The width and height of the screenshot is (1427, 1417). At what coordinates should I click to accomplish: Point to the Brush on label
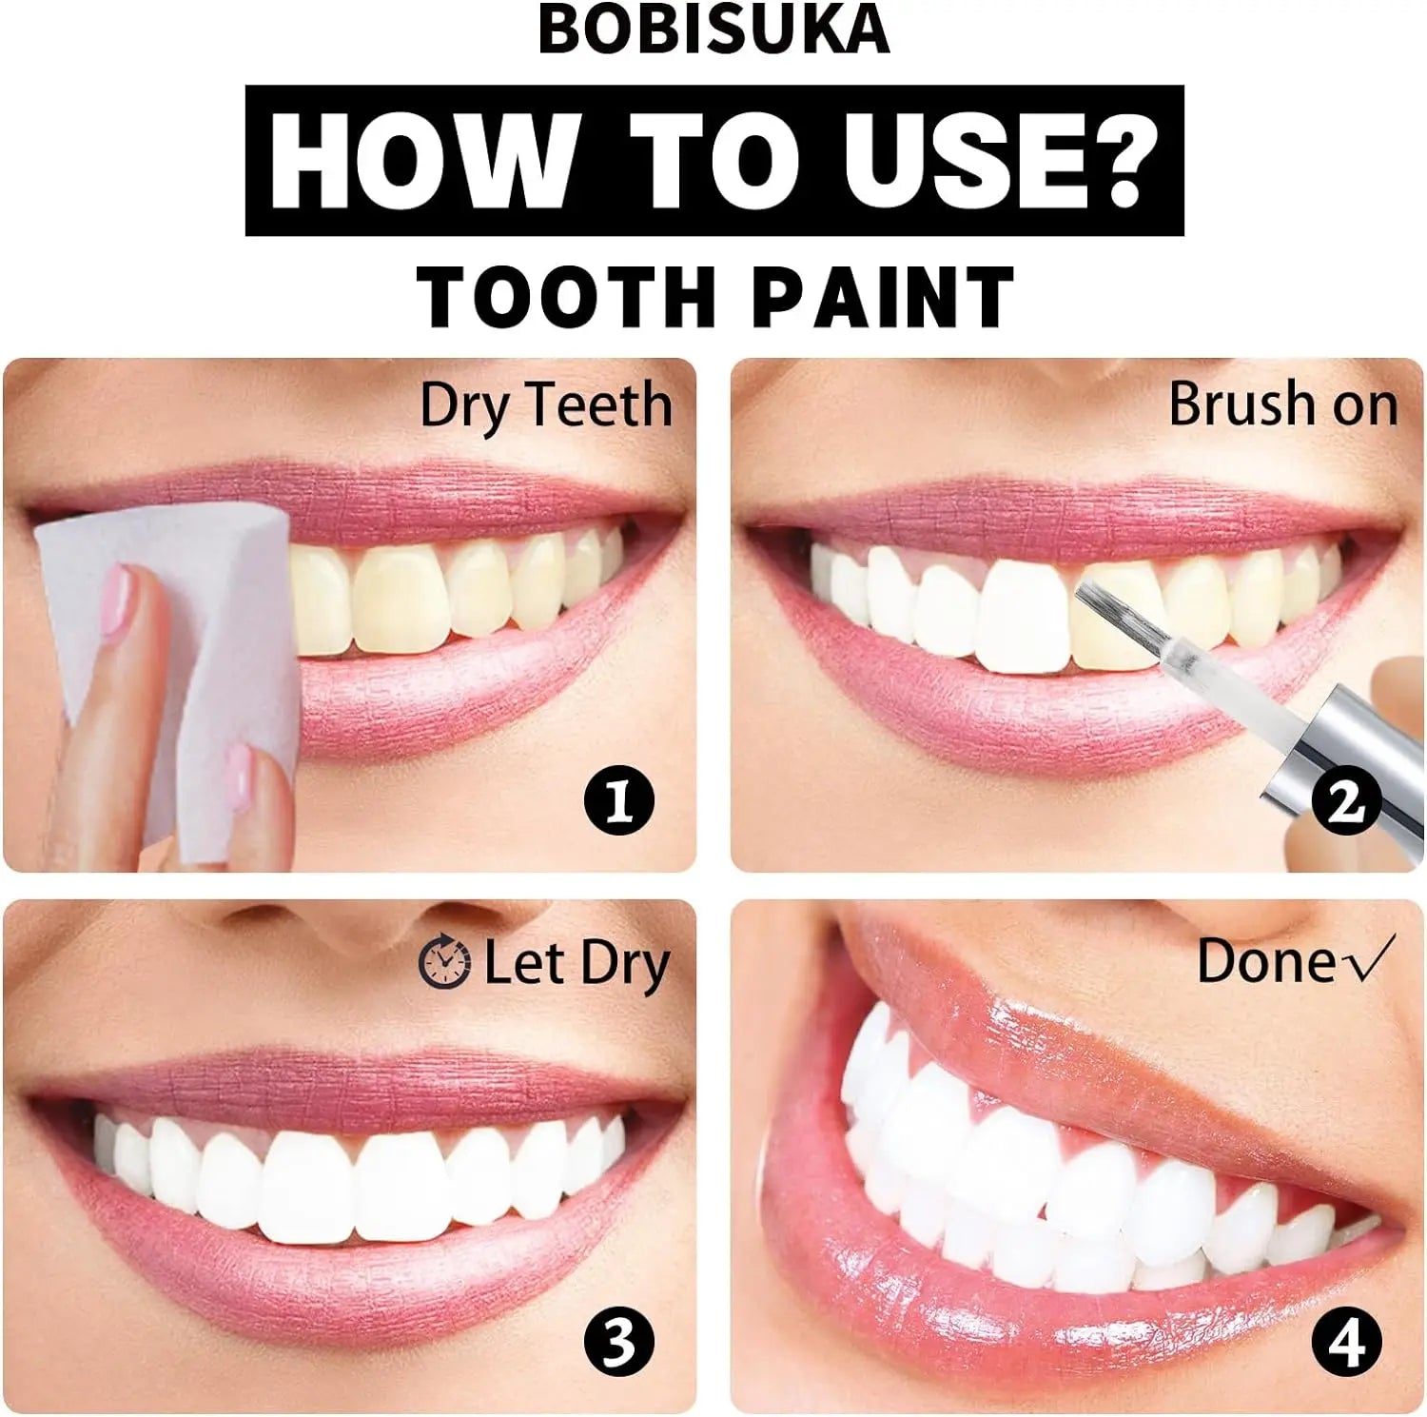[1282, 405]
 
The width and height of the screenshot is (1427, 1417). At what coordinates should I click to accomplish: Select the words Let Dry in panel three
[577, 963]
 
